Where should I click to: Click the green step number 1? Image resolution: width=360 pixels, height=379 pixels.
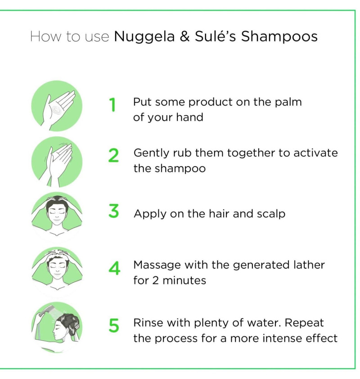pyautogui.click(x=112, y=105)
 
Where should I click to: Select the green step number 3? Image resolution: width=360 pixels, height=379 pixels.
pyautogui.click(x=113, y=211)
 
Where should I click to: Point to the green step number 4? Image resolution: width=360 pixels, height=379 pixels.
pyautogui.click(x=114, y=268)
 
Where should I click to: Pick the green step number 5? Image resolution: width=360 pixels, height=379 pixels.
pyautogui.click(x=114, y=325)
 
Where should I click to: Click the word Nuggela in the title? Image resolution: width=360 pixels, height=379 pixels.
pyautogui.click(x=144, y=37)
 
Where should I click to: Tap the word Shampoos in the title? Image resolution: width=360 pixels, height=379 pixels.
pyautogui.click(x=279, y=37)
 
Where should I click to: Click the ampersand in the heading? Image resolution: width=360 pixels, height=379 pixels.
pyautogui.click(x=184, y=36)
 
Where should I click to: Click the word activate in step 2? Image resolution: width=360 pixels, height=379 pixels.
pyautogui.click(x=315, y=153)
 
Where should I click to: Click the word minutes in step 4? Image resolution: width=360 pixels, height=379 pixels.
pyautogui.click(x=184, y=280)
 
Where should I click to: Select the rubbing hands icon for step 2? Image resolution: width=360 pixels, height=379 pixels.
pyautogui.click(x=57, y=162)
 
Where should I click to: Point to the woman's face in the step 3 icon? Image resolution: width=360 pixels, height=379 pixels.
pyautogui.click(x=57, y=213)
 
